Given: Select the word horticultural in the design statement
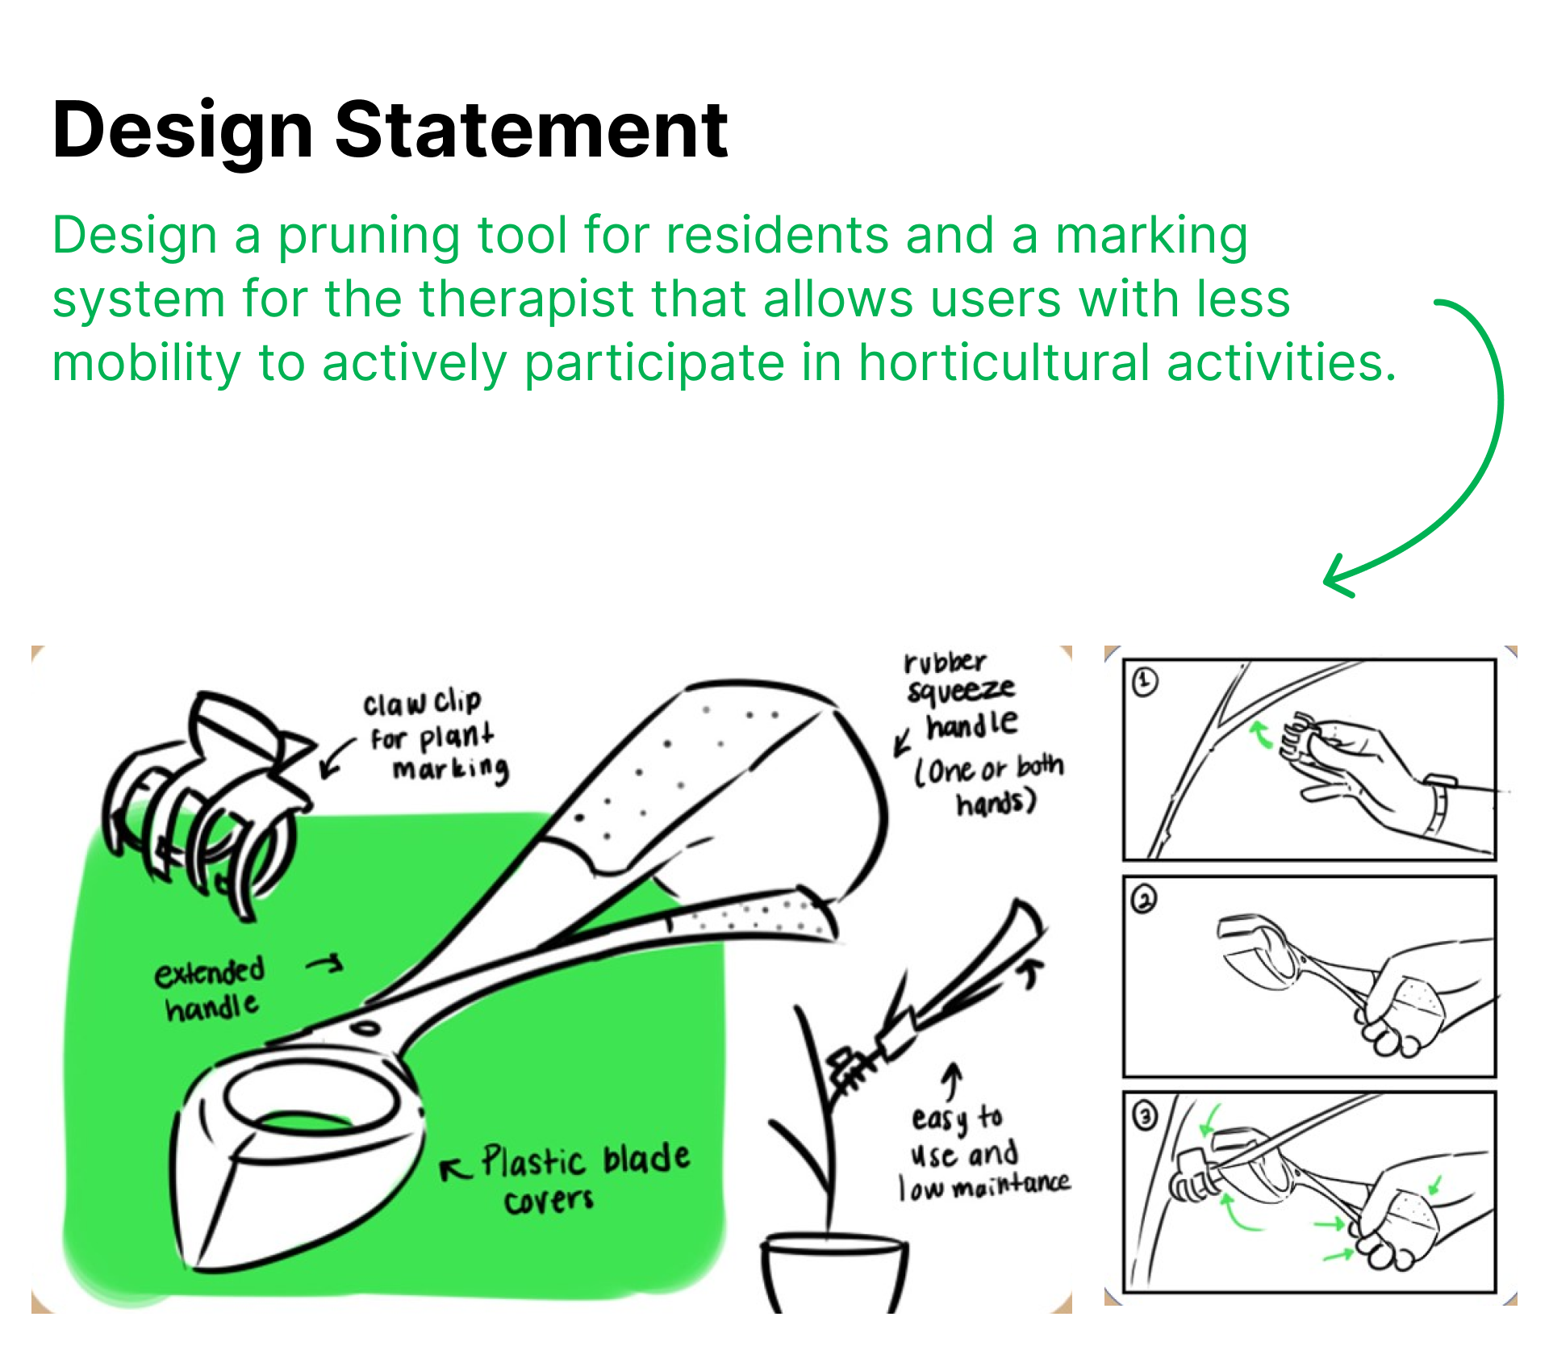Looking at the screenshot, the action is point(1004,362).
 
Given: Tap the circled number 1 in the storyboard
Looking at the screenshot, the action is point(1145,683).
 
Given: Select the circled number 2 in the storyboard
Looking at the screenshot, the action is point(1144,899).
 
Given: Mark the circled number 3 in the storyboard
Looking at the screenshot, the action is point(1145,1116).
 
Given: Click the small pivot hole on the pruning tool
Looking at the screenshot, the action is point(365,1029).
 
